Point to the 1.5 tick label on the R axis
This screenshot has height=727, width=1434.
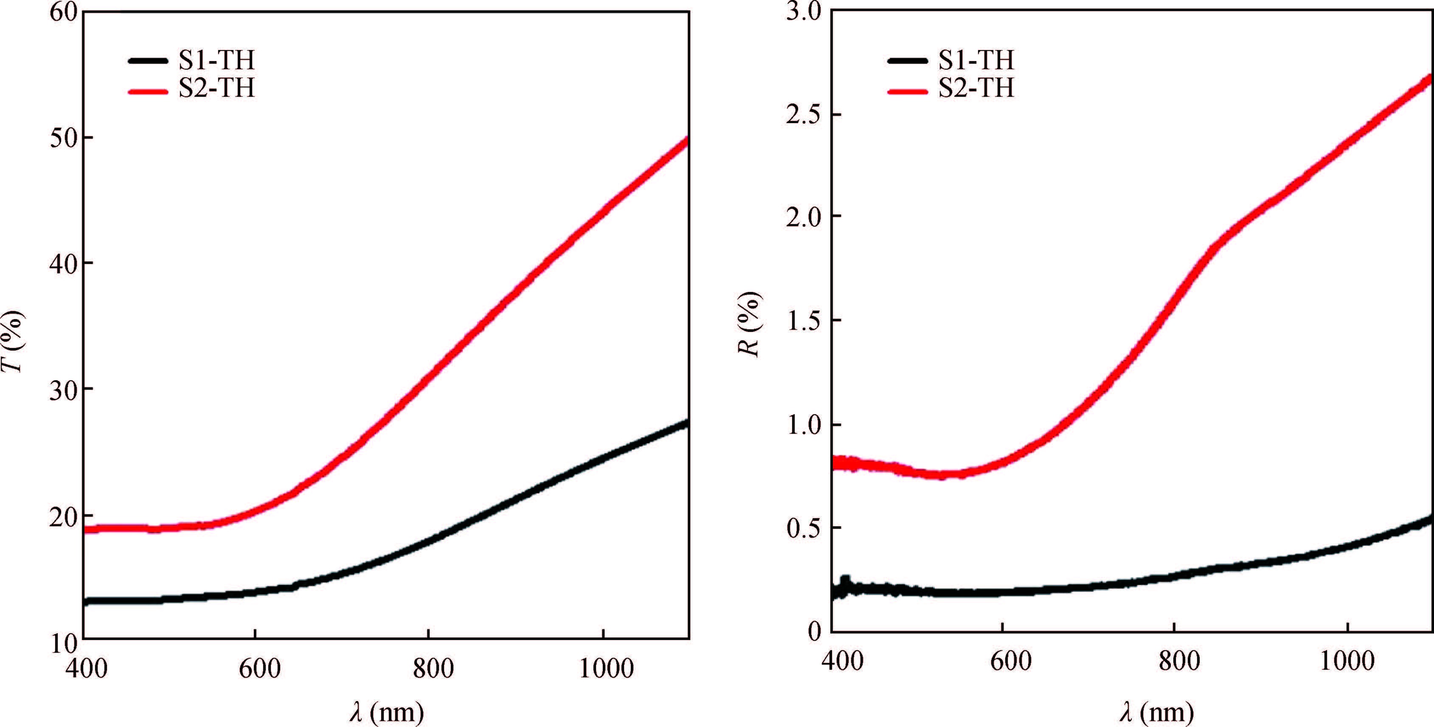802,321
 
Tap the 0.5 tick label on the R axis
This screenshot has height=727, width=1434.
802,528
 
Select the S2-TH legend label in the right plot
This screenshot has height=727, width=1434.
976,89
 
